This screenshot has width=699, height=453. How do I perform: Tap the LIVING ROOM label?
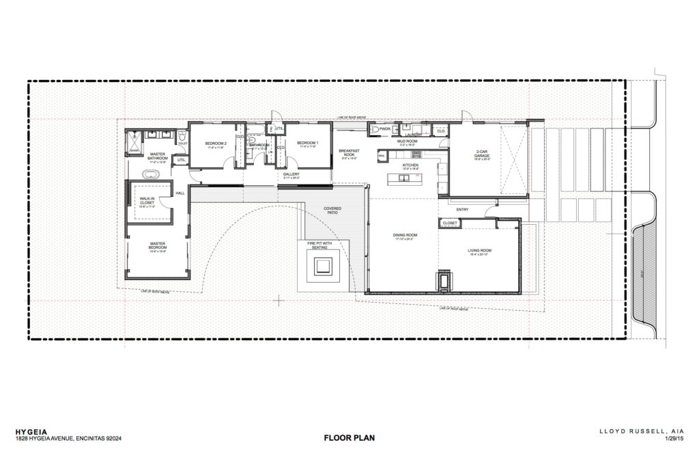(x=480, y=251)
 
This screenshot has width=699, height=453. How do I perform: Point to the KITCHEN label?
(x=410, y=165)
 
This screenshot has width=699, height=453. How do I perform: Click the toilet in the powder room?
(x=374, y=128)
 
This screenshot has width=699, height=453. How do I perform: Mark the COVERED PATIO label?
(x=333, y=210)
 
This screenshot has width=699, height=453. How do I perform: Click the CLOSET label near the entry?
(x=449, y=223)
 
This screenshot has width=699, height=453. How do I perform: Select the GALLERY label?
(x=292, y=174)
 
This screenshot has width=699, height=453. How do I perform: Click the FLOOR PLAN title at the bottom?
(x=349, y=437)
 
